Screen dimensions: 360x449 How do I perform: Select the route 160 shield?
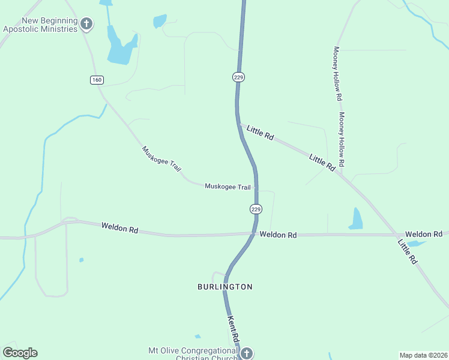96,80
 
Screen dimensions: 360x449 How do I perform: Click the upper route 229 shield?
239,77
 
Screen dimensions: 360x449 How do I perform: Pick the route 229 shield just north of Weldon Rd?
256,209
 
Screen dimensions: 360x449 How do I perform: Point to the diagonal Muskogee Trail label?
161,159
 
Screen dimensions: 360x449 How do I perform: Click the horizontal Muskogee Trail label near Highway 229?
228,187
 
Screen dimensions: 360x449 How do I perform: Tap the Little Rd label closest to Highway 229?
261,133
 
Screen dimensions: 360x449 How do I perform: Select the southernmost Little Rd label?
407,252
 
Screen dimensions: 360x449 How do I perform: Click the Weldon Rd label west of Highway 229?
120,227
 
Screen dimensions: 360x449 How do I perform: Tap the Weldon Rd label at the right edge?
423,233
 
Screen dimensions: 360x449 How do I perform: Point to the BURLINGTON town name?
225,287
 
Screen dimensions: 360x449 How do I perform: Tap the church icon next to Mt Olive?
246,353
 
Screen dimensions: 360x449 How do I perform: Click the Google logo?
20,353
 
